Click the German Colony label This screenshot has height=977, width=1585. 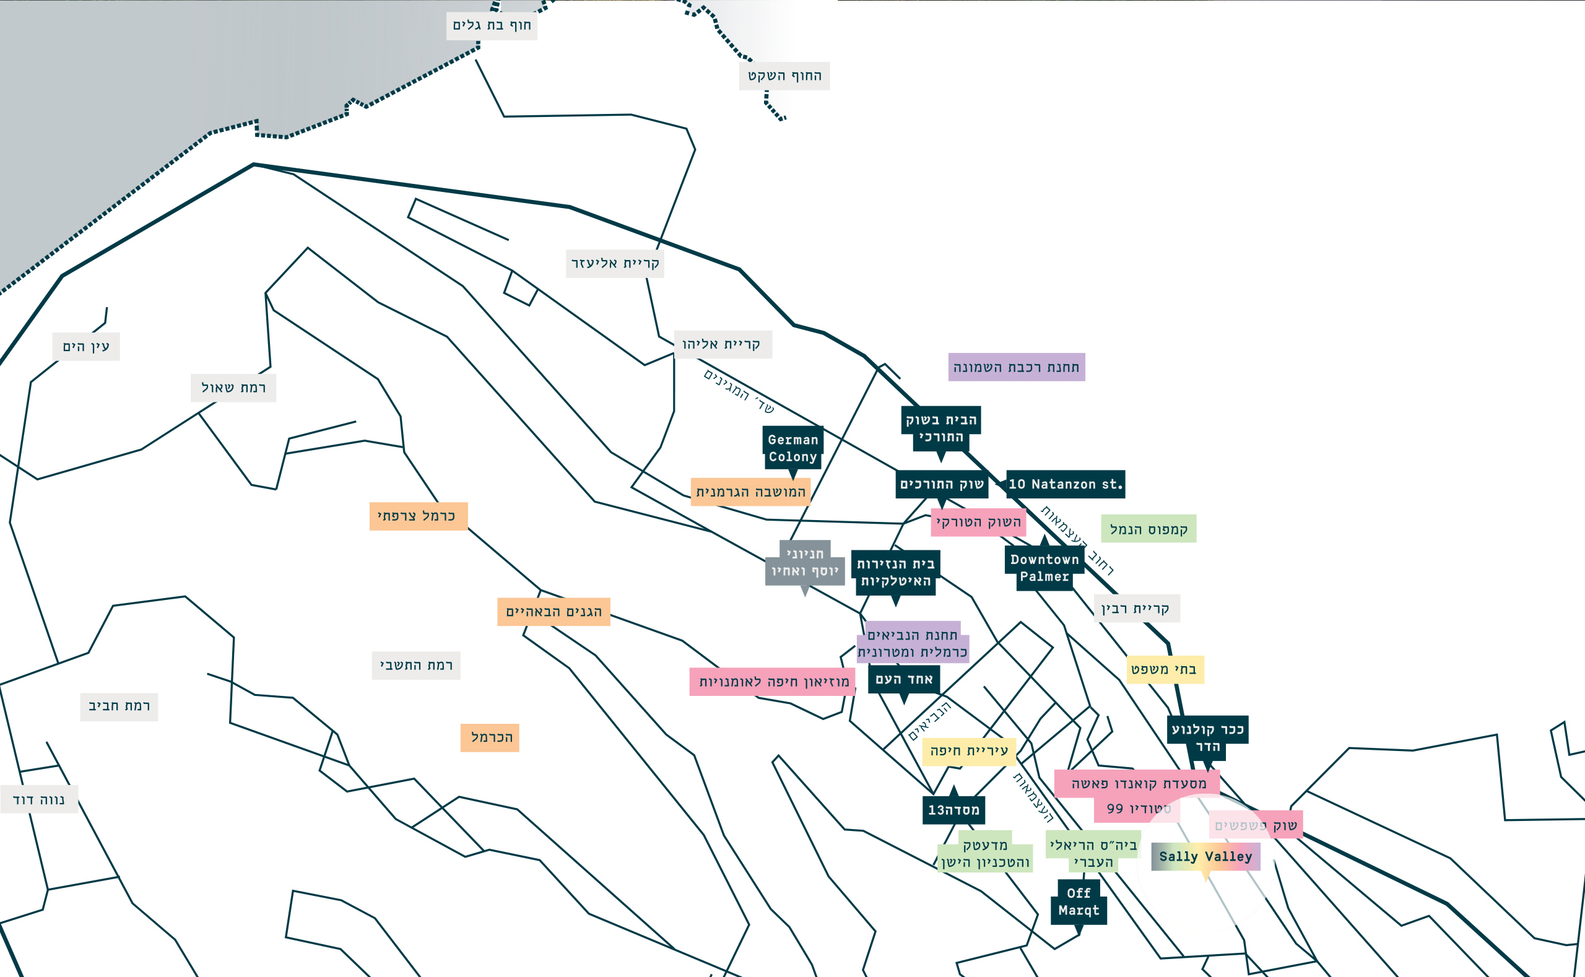[x=793, y=448]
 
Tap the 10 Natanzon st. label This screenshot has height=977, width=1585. [x=1066, y=484]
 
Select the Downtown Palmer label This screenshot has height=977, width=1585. [x=1044, y=568]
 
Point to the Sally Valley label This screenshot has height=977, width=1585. [x=1205, y=856]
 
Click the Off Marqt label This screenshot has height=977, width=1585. [x=1079, y=901]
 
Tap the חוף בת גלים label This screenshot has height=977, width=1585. [x=492, y=26]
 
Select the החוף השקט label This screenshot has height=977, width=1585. [x=784, y=76]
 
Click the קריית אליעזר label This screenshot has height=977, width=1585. [x=614, y=264]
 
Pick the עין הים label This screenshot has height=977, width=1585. [x=86, y=347]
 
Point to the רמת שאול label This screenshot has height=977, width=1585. [x=233, y=388]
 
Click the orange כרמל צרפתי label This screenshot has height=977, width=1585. [x=418, y=516]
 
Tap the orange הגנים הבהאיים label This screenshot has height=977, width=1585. [x=554, y=612]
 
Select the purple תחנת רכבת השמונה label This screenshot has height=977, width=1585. [x=1017, y=367]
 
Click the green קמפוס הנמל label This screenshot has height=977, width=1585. [x=1149, y=529]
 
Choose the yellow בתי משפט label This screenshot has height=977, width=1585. [x=1165, y=669]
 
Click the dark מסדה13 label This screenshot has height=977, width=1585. [x=953, y=810]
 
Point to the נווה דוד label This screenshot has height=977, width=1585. [x=39, y=800]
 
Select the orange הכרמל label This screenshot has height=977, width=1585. [x=490, y=737]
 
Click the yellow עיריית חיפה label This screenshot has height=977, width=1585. [x=968, y=751]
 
